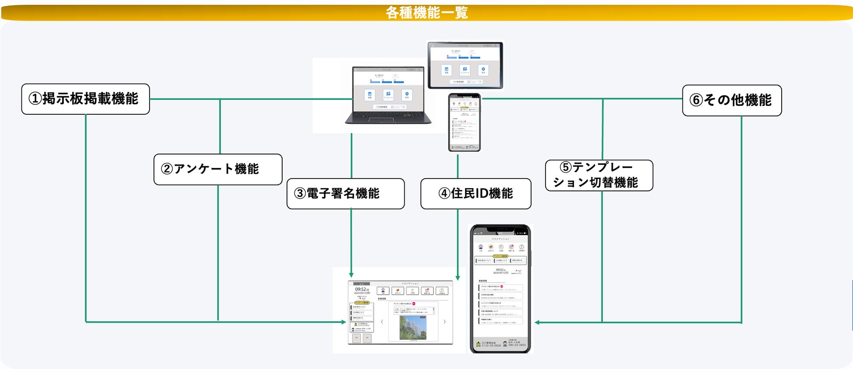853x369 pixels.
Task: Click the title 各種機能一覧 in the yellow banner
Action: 426,12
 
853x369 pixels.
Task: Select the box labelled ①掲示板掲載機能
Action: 85,99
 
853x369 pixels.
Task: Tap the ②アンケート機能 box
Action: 217,169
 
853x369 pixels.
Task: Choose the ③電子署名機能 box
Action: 345,193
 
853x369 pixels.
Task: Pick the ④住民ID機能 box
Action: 475,193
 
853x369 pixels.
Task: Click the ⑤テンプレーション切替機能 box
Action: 598,175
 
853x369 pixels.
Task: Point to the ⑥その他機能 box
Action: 731,100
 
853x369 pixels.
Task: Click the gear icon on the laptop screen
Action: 407,94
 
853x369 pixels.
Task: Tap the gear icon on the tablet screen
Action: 483,70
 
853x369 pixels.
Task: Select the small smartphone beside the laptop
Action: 464,123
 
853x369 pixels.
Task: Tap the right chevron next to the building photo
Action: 445,322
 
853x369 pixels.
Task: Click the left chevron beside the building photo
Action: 382,322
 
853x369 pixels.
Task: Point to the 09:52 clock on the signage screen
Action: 361,289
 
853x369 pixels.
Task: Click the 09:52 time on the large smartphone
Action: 500,270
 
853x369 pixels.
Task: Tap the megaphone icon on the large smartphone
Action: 491,247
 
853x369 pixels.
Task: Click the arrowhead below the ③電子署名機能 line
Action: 351,274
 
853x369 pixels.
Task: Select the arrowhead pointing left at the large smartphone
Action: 537,323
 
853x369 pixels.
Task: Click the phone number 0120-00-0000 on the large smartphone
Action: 491,345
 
